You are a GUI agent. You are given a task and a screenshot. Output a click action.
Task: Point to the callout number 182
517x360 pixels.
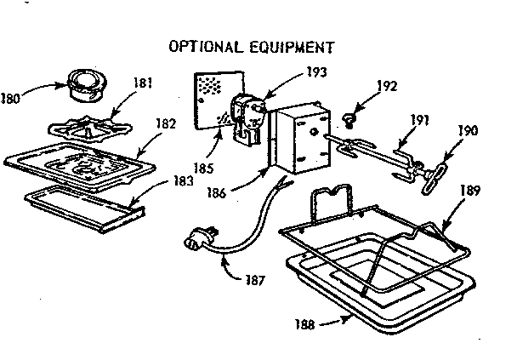(165, 123)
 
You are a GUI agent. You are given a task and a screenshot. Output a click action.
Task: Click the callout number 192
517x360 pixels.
(389, 85)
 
